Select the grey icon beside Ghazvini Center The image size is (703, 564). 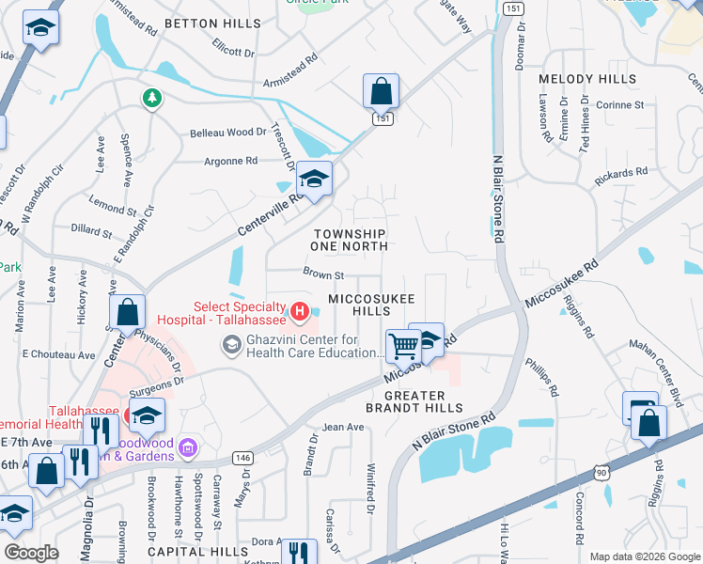pyautogui.click(x=230, y=347)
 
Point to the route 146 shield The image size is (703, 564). pyautogui.click(x=243, y=458)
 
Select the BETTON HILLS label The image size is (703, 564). pyautogui.click(x=212, y=23)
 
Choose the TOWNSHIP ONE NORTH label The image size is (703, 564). pyautogui.click(x=350, y=240)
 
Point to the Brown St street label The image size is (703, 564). pyautogui.click(x=323, y=275)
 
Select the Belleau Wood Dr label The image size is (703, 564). pyautogui.click(x=228, y=133)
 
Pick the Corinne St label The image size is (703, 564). pyautogui.click(x=619, y=105)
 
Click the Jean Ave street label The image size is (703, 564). pyautogui.click(x=343, y=427)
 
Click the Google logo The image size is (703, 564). pyautogui.click(x=31, y=553)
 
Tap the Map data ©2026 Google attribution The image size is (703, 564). pyautogui.click(x=644, y=556)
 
